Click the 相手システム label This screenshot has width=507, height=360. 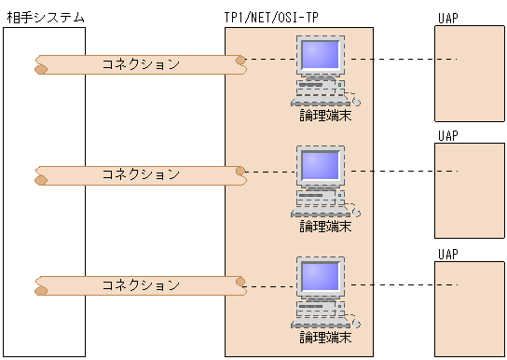click(45, 18)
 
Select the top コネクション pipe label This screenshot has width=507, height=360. click(141, 64)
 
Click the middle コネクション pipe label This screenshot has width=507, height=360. click(141, 174)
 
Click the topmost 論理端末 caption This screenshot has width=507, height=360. click(325, 117)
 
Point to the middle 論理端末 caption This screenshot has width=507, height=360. click(325, 227)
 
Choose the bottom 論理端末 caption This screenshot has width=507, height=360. click(325, 337)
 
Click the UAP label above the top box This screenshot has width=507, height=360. click(447, 18)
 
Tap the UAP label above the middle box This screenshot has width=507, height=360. click(447, 135)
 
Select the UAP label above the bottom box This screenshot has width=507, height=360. click(447, 254)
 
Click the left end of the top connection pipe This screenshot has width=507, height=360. click(41, 64)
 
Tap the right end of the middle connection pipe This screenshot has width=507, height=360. click(240, 173)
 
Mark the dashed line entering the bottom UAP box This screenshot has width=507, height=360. click(446, 284)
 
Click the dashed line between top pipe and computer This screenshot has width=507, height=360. click(270, 60)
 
